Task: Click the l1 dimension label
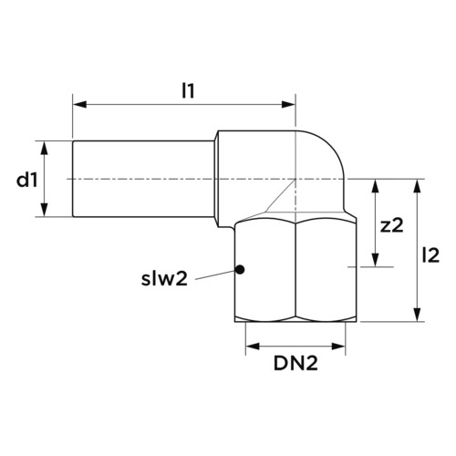(x=188, y=90)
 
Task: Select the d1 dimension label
(x=27, y=181)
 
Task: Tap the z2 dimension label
(x=392, y=226)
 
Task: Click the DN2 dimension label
(x=295, y=363)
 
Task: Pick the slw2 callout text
(x=164, y=279)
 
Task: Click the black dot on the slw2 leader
(x=241, y=269)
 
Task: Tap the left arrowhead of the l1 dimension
(x=80, y=105)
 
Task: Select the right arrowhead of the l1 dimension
(x=288, y=105)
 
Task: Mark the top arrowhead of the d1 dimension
(x=45, y=148)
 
